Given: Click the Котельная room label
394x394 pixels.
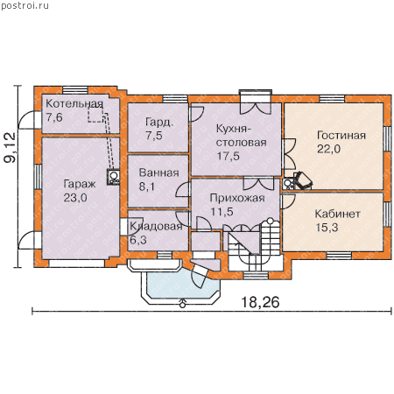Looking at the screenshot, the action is click(74, 104).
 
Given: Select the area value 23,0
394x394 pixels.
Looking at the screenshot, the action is click(75, 198).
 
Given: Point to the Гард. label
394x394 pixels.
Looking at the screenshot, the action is click(159, 122).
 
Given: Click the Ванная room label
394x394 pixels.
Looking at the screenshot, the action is click(158, 172).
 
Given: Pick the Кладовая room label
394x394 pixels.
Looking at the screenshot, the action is click(156, 226).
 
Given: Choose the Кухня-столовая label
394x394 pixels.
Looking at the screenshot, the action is click(242, 136).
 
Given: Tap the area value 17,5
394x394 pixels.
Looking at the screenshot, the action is click(228, 156).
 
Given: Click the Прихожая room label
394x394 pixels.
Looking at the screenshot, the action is click(237, 198).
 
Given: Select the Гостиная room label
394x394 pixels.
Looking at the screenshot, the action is click(341, 136).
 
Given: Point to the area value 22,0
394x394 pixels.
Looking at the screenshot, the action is click(328, 149).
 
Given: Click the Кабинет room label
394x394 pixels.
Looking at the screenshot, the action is click(337, 214).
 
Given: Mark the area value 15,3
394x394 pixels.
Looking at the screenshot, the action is click(327, 228).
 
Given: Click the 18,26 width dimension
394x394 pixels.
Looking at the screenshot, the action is click(260, 302).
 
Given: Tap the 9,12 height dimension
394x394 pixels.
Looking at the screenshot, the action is click(10, 148).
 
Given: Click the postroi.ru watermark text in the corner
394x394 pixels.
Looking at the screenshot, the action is click(25, 5).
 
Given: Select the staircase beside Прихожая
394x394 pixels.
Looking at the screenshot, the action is click(253, 248).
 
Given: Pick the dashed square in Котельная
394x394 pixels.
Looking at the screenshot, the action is click(95, 114).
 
